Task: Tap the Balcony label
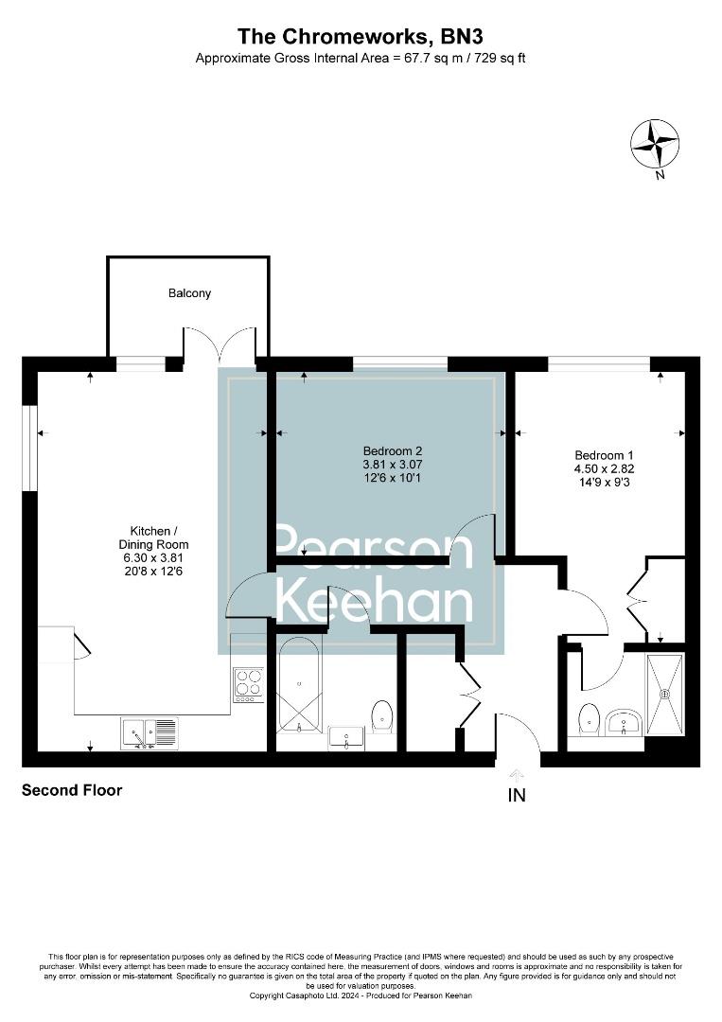click(189, 293)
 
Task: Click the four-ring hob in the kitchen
click(249, 684)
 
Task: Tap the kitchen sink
click(150, 732)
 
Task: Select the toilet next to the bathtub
click(382, 716)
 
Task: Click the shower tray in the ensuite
click(664, 694)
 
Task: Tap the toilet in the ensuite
click(589, 719)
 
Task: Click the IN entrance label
click(517, 796)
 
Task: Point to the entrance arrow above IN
click(517, 774)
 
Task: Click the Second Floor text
click(72, 790)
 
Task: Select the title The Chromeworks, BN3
click(361, 37)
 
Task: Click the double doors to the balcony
click(220, 345)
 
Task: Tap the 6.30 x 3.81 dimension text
click(159, 558)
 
